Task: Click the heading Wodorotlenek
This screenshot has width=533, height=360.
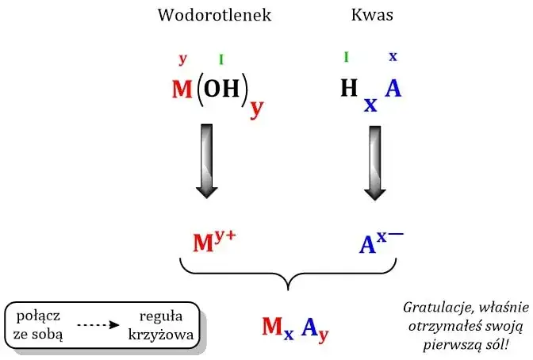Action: pos(214,15)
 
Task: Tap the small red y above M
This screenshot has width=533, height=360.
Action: pos(183,59)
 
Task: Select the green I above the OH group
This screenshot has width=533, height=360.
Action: pos(221,59)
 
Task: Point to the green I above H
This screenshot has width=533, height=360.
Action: pos(346,56)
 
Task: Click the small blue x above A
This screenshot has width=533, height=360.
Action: pos(393,56)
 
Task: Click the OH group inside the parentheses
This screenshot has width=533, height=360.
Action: pos(221,89)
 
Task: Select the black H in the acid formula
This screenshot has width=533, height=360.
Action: pos(349,89)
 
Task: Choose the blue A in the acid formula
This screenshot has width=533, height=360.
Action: pos(393,89)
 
